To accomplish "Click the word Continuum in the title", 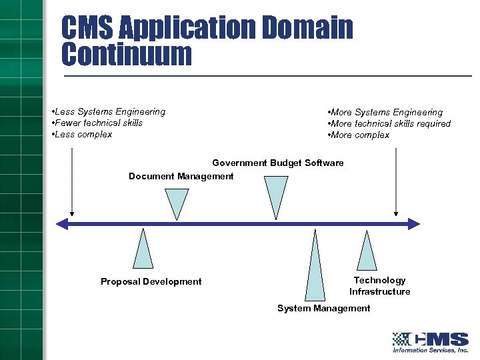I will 126,54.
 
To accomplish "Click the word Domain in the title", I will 307,27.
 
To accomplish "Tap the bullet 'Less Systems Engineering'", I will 109,111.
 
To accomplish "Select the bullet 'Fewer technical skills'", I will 97,123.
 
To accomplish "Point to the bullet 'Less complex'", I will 82,134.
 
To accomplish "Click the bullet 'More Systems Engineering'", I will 385,112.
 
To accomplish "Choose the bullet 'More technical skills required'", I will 389,123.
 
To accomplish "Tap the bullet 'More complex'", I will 359,135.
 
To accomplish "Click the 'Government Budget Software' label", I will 278,163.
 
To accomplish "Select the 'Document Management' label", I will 181,176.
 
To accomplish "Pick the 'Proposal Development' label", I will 151,281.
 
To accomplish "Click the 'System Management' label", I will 323,308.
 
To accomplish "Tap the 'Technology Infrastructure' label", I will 379,286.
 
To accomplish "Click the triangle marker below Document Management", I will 177,201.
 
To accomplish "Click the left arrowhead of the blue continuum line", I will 61,223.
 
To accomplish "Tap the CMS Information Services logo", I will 430,341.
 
